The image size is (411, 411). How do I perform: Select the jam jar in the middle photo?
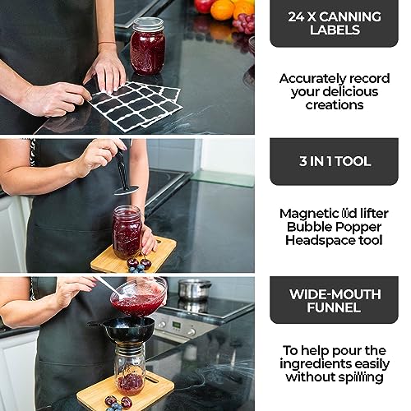tap(127, 232)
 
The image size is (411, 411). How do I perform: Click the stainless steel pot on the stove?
tap(194, 289)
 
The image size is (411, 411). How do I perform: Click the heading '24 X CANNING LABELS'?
tap(334, 23)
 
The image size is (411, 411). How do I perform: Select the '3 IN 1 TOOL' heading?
tap(334, 161)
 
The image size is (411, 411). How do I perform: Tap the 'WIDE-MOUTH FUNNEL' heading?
tap(334, 300)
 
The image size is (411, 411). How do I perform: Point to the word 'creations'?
tap(334, 105)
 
